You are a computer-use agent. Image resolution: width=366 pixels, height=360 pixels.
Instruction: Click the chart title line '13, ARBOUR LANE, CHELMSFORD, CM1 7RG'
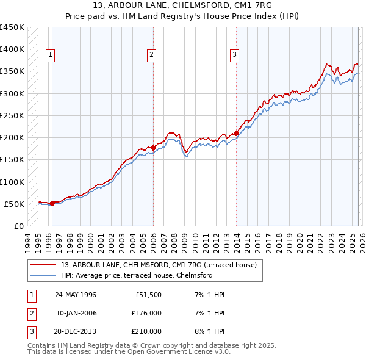pos(182,5)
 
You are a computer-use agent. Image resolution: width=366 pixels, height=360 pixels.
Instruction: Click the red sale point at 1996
pos(52,203)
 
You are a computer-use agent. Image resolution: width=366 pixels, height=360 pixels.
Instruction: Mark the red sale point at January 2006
pos(152,148)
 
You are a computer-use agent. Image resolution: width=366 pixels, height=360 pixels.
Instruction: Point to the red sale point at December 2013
pos(236,133)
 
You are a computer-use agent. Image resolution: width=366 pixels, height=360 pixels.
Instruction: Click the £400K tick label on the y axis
pos(12,49)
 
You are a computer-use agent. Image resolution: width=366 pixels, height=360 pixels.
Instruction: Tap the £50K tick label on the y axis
pos(15,204)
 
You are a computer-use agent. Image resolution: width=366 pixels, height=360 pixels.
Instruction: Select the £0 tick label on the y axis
pos(19,226)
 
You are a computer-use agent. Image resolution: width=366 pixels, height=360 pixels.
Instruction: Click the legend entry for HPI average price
pos(136,275)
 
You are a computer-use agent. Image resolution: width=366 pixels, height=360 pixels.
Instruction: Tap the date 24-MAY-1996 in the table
pos(75,294)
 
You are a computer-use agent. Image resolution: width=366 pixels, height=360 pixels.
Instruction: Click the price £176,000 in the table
pos(147,313)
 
